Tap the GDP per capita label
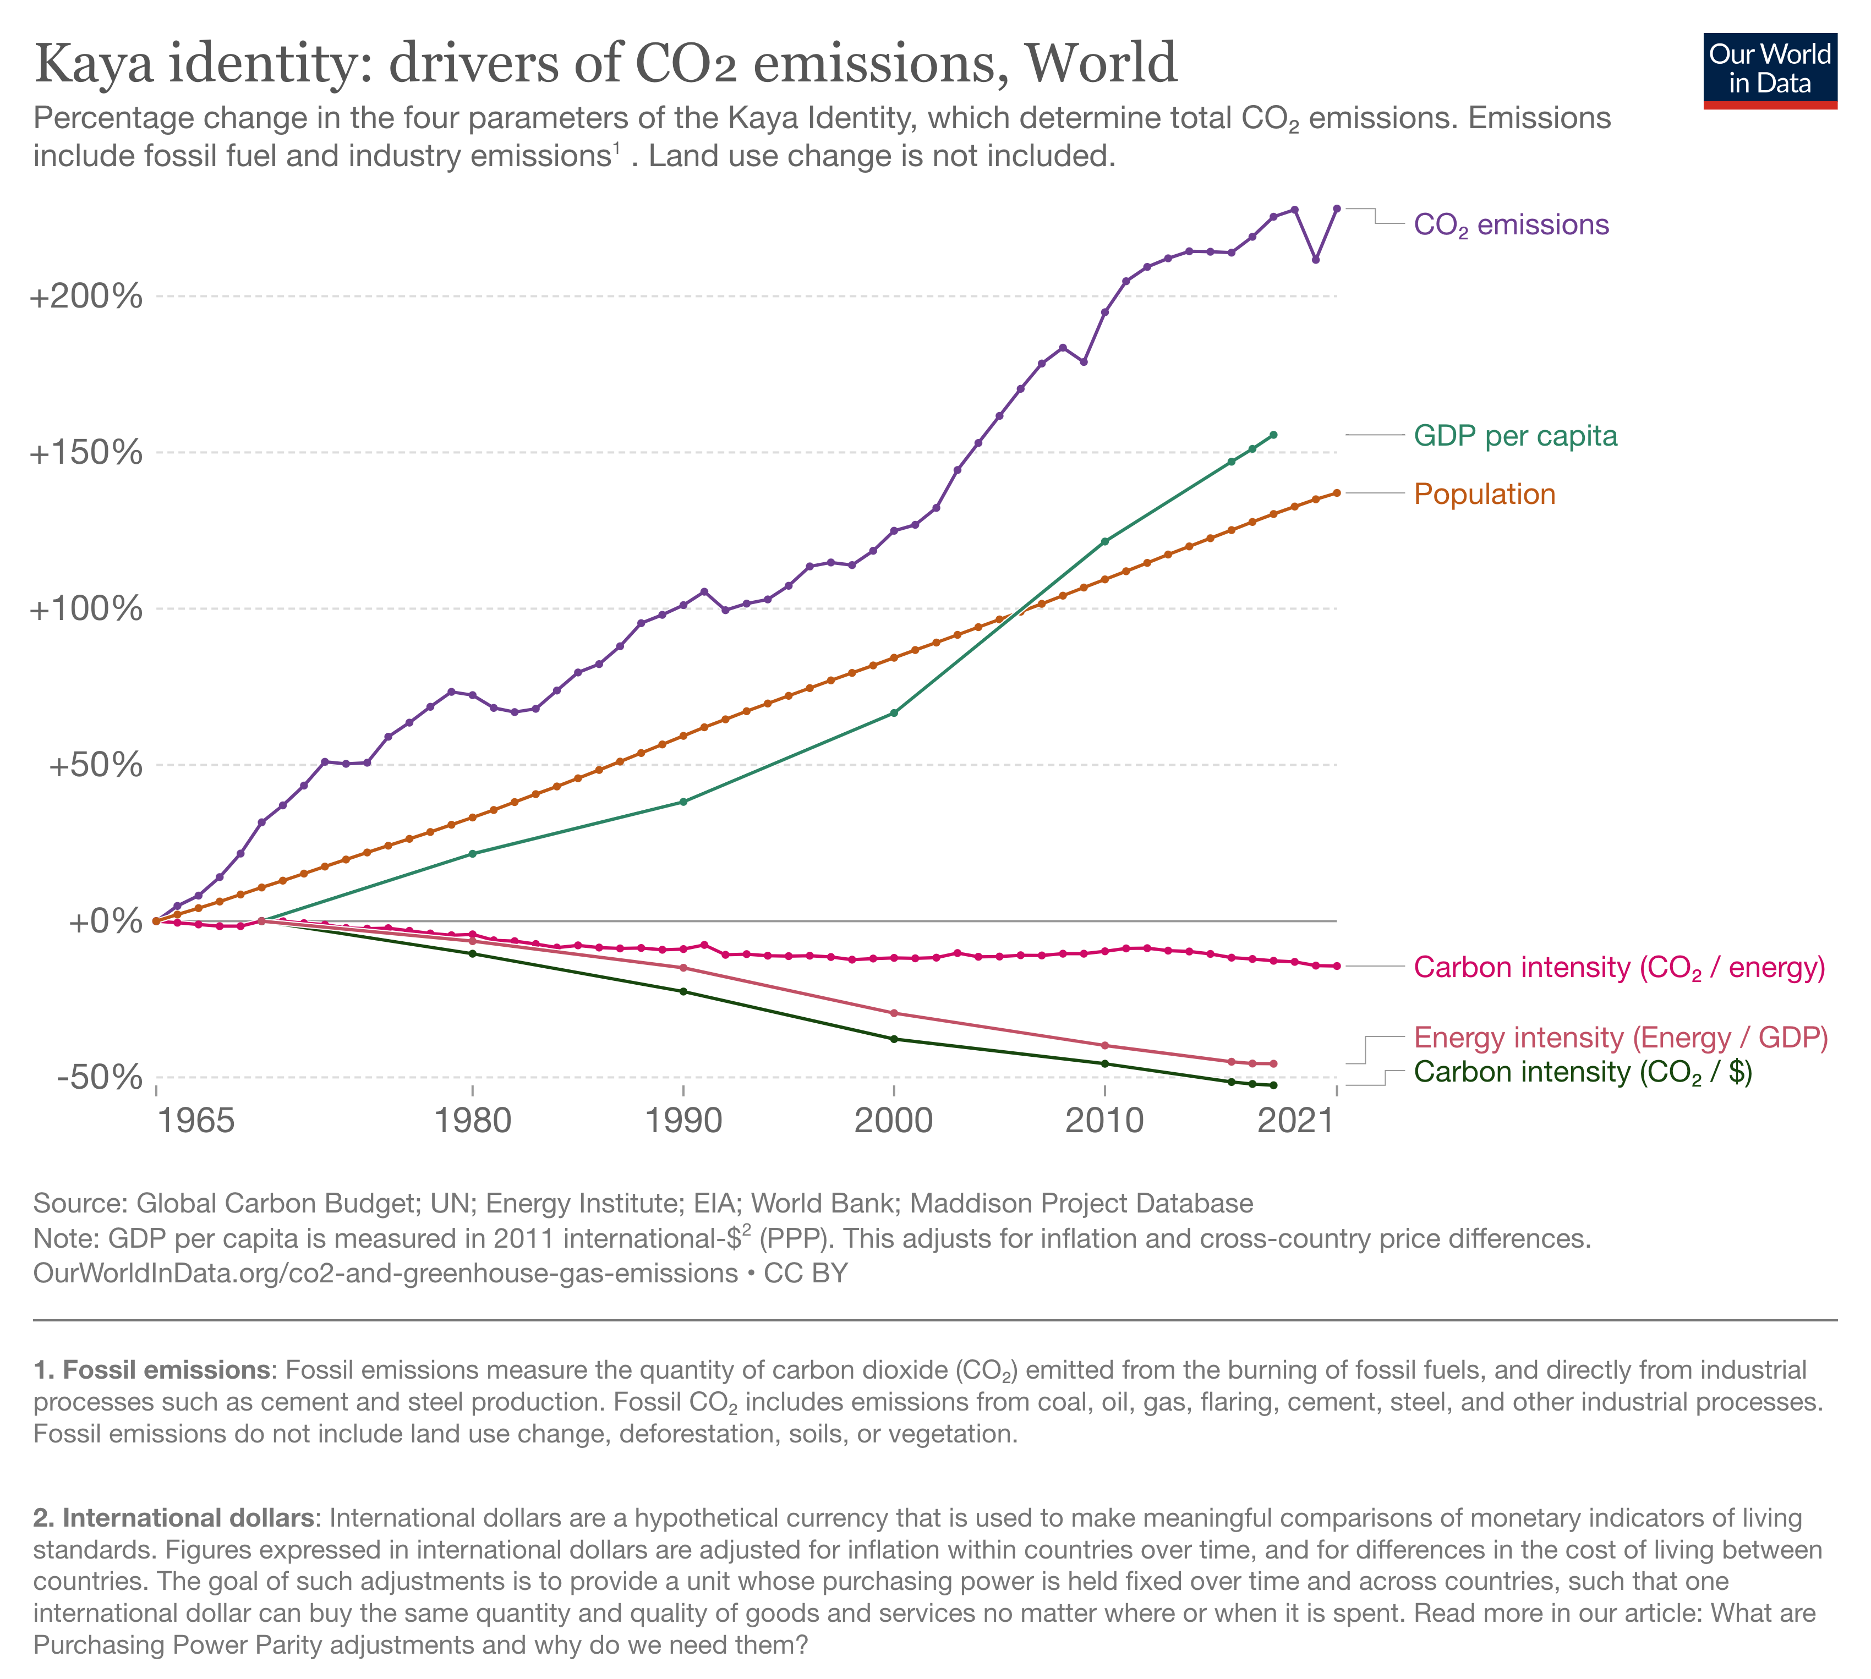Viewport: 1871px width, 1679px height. point(1515,436)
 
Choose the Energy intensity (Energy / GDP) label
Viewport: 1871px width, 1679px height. point(1620,1038)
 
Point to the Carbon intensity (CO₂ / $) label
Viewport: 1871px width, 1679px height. point(1582,1072)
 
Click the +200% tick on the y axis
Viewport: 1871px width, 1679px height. point(87,297)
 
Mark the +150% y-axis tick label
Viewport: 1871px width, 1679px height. point(87,453)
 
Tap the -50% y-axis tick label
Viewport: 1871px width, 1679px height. point(100,1077)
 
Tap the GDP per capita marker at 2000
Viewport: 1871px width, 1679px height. point(893,713)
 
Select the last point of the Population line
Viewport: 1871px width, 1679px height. point(1337,492)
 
